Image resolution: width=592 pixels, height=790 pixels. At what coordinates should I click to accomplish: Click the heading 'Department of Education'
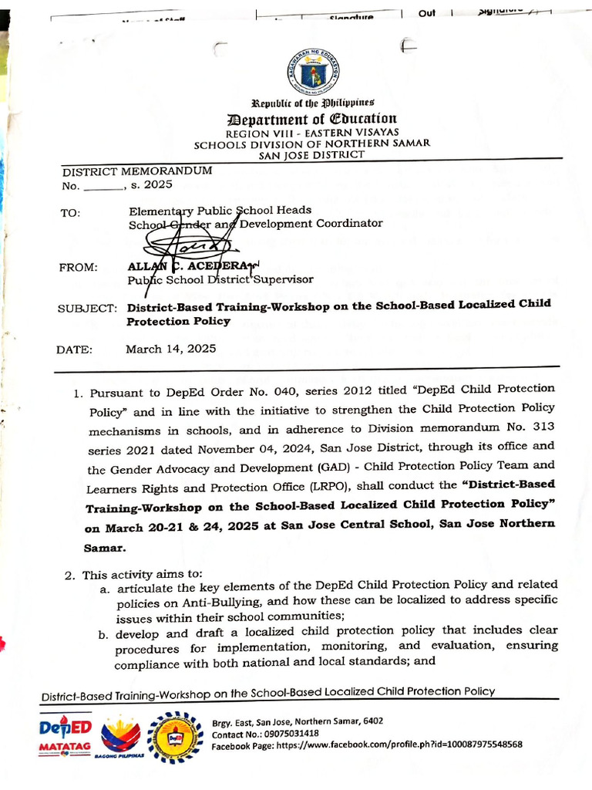(x=311, y=118)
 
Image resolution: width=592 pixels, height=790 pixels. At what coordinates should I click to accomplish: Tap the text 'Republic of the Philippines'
(x=312, y=103)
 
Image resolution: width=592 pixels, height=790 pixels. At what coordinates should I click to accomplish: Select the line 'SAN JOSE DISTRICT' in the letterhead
(x=311, y=154)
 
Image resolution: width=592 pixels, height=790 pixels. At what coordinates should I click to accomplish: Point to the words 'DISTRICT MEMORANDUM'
(x=137, y=171)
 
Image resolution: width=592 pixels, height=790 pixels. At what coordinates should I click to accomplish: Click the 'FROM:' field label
(x=78, y=267)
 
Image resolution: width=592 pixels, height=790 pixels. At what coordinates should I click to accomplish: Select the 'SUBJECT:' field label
(x=86, y=308)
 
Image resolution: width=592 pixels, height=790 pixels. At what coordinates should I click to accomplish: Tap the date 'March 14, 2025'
(x=171, y=349)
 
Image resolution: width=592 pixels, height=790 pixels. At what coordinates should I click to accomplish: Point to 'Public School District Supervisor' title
(x=220, y=279)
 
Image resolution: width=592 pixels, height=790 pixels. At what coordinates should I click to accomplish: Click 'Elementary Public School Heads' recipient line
(x=220, y=210)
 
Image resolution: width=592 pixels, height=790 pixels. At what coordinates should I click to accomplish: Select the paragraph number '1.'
(x=79, y=393)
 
